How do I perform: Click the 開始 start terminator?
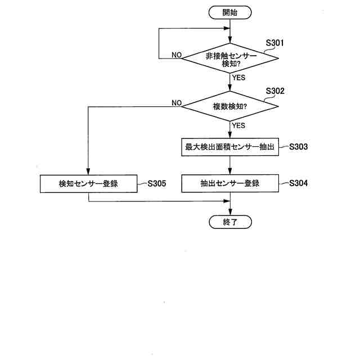(x=230, y=12)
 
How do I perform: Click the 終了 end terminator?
(x=230, y=222)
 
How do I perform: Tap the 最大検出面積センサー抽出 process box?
(x=230, y=147)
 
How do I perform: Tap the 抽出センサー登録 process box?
(x=230, y=183)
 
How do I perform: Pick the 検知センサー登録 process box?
(x=89, y=183)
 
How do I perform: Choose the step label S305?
(x=156, y=183)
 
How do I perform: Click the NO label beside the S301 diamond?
(x=176, y=55)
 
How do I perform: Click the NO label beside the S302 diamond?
(x=176, y=102)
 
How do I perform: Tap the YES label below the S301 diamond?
(x=238, y=78)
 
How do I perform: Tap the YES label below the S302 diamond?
(x=238, y=125)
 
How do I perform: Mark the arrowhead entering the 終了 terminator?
(x=230, y=212)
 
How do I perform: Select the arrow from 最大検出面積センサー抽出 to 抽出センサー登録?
(x=230, y=165)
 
